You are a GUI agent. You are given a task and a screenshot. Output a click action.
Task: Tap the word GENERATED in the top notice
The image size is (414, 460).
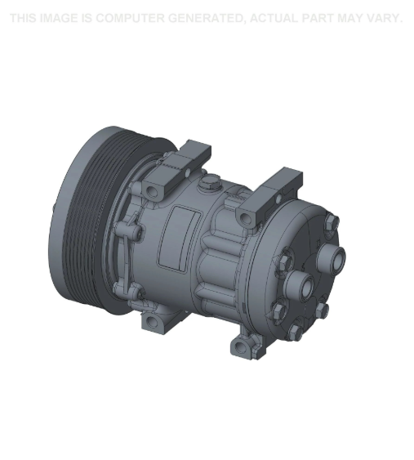[x=207, y=18]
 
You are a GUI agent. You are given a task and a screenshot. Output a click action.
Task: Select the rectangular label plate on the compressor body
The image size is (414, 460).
[x=180, y=237]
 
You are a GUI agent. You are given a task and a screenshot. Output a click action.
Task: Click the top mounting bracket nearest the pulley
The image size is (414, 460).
[x=184, y=160]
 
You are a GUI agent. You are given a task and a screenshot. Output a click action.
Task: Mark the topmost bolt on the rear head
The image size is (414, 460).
[x=330, y=222]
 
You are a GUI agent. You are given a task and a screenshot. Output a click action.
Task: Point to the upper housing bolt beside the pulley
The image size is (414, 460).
[x=152, y=190]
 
